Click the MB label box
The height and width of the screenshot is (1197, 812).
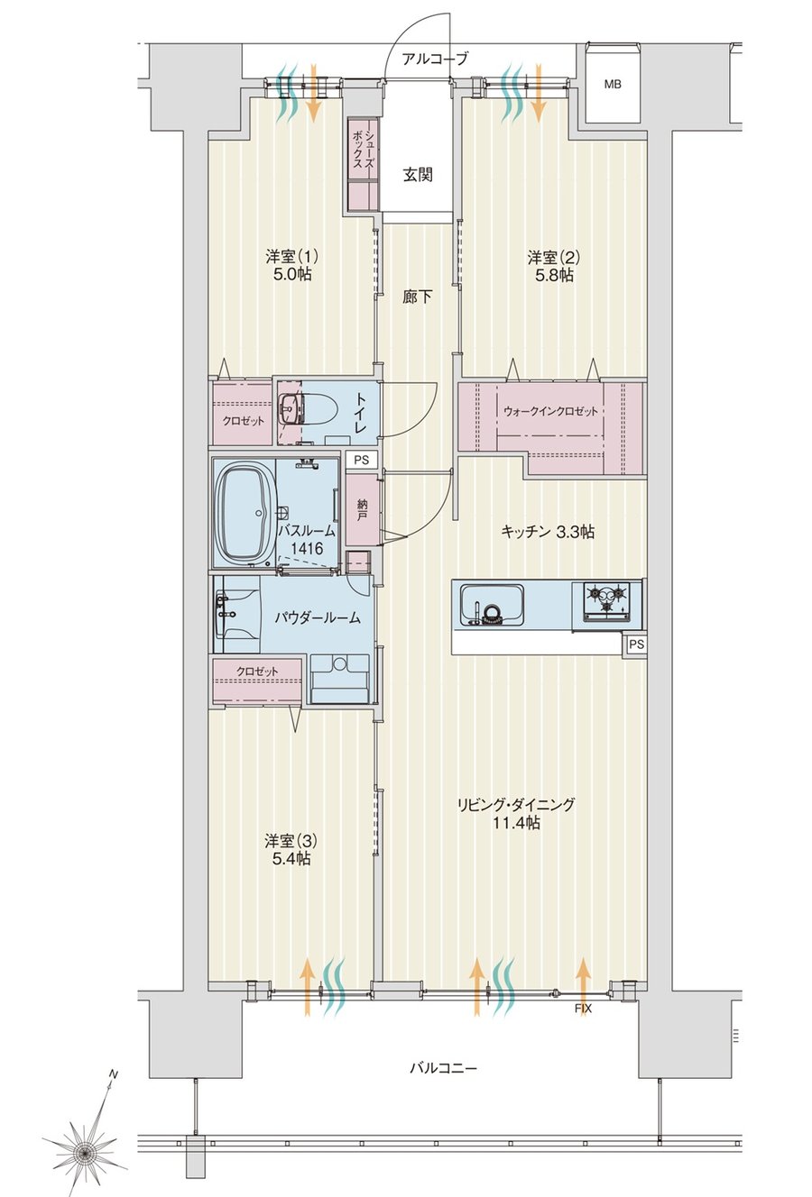(613, 84)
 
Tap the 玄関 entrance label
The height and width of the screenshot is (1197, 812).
(418, 175)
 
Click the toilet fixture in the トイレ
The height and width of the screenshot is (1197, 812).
(318, 411)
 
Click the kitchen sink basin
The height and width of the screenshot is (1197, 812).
(492, 603)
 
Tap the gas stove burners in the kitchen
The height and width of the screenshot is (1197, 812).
(606, 598)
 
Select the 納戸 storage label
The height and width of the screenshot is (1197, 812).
(363, 510)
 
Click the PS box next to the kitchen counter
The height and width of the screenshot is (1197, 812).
(635, 644)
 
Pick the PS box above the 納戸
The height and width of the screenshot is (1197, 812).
(361, 460)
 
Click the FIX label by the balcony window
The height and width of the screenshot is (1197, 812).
(583, 1006)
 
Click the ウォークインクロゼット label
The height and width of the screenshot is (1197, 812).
(550, 411)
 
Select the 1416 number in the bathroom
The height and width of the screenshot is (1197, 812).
(307, 548)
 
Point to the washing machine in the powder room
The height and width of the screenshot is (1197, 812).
(339, 678)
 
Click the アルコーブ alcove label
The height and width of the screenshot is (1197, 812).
(435, 58)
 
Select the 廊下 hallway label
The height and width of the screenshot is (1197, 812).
(417, 297)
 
